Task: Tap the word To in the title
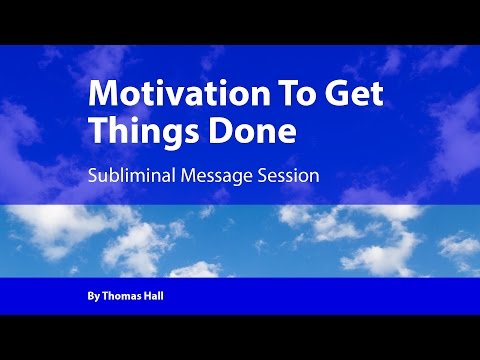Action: pos(268,95)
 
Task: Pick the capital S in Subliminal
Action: pos(93,176)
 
